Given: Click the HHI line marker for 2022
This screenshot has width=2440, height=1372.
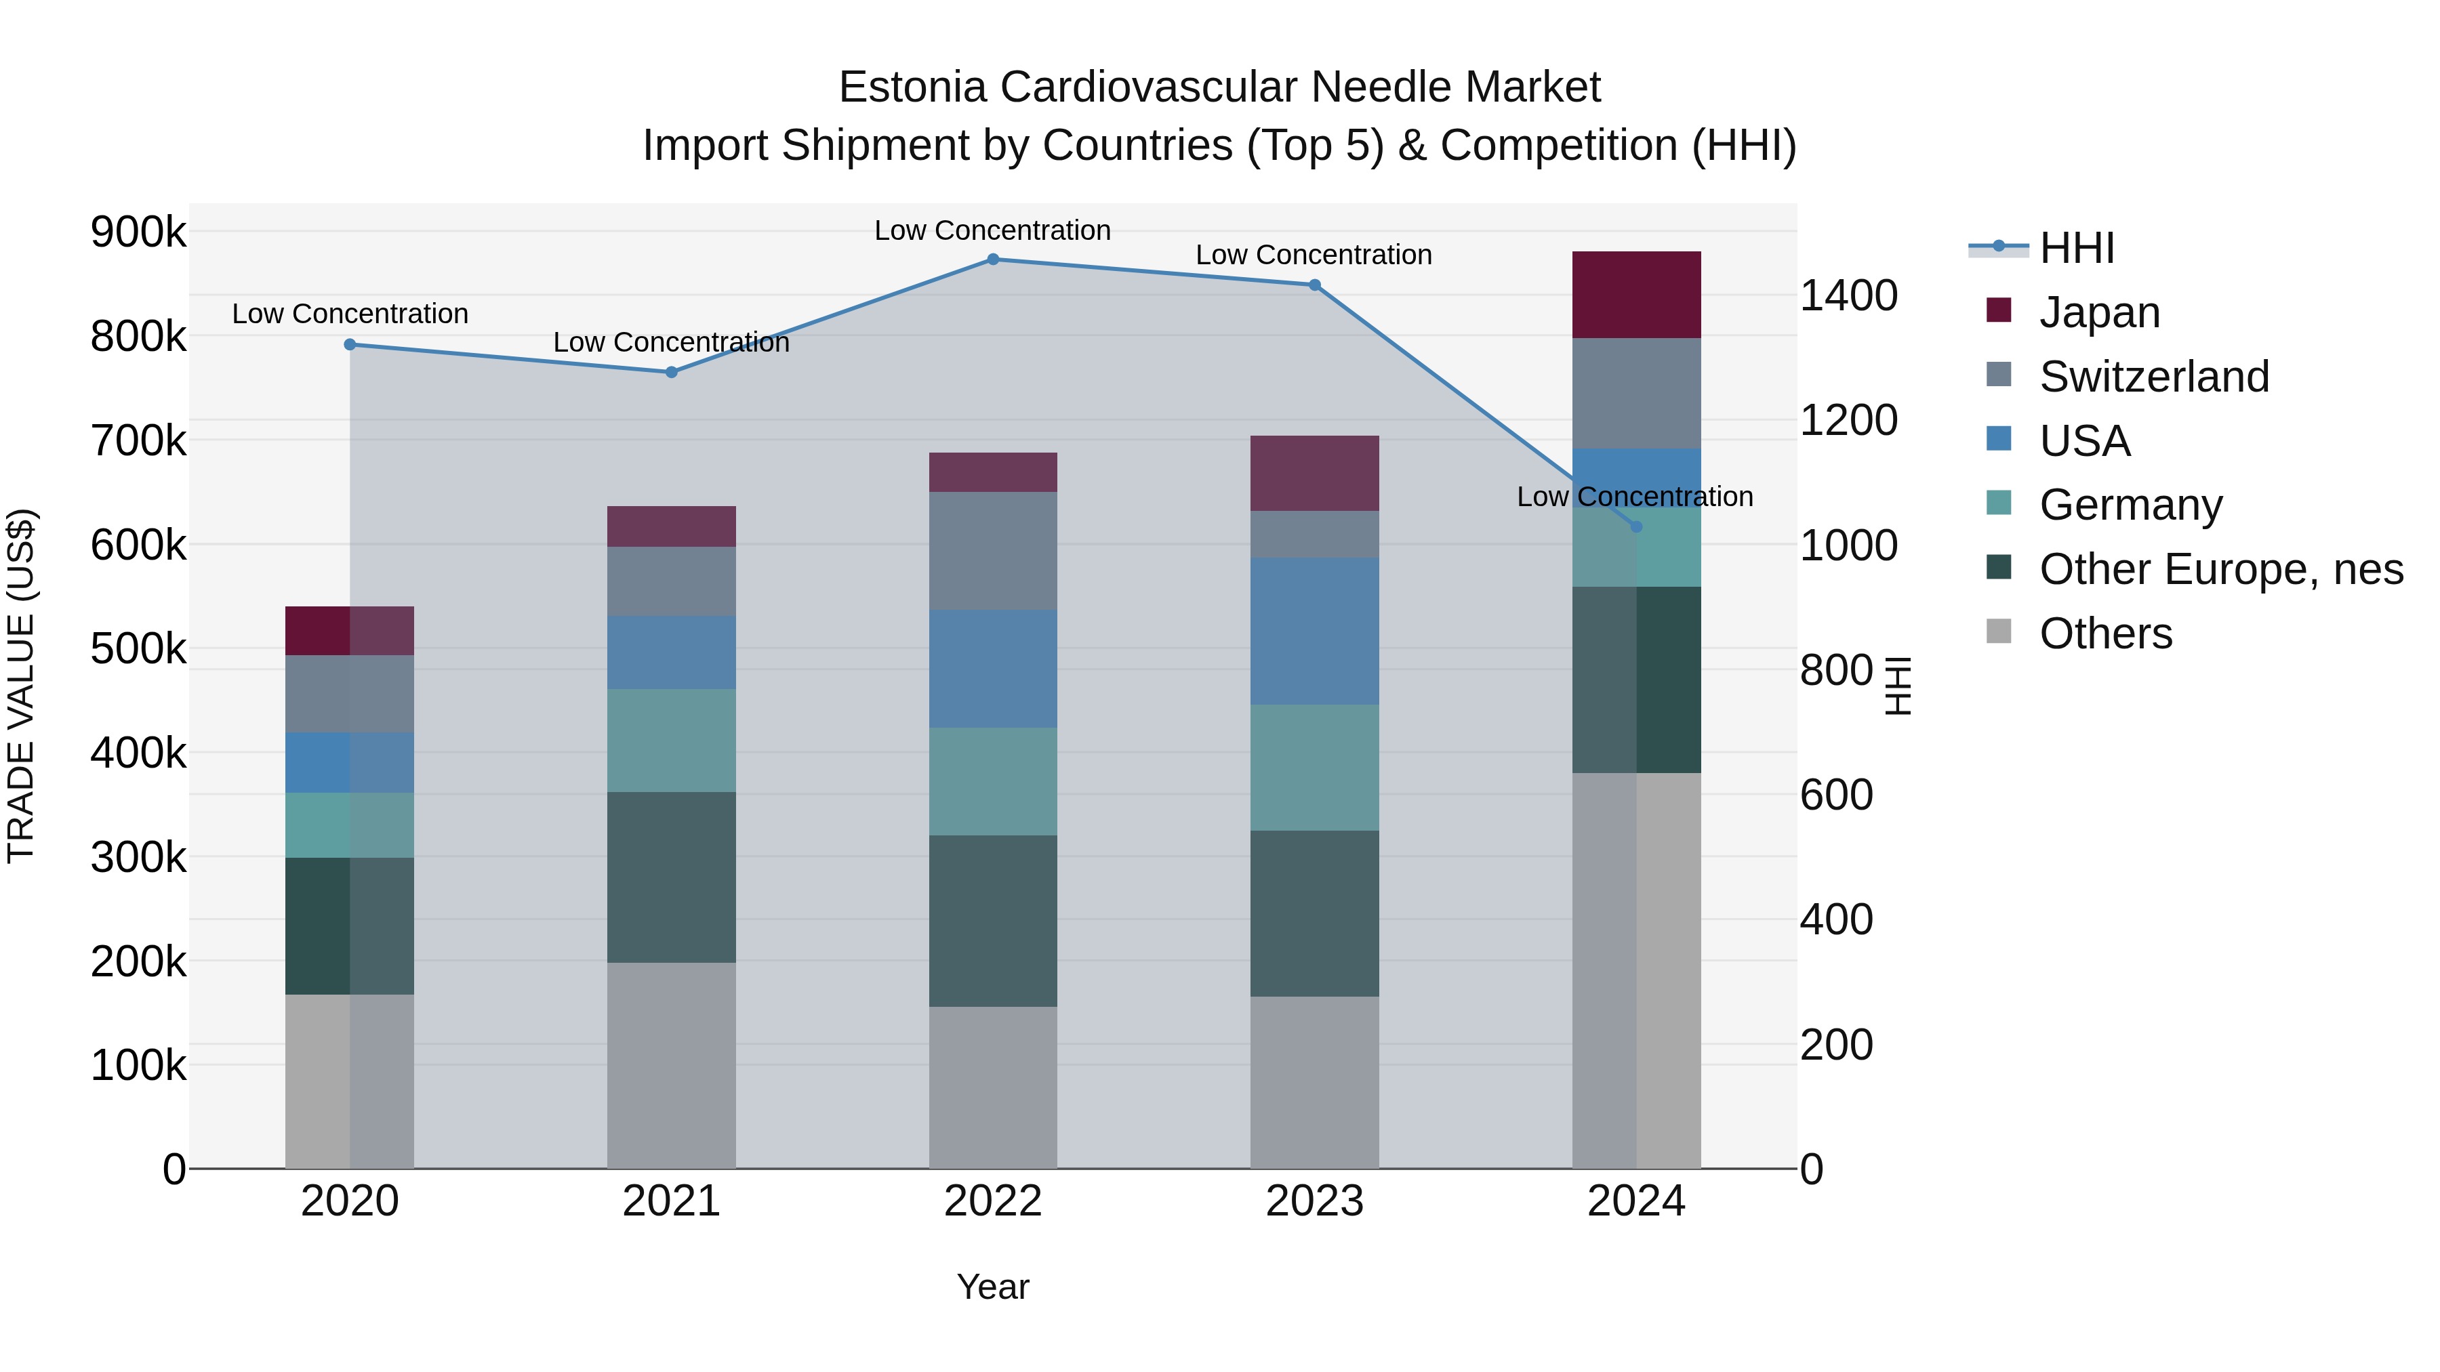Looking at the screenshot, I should click(x=993, y=259).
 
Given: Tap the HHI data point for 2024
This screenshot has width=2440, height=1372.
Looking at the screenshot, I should click(x=1636, y=526).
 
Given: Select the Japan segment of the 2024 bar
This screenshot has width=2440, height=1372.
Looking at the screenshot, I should click(x=1636, y=295).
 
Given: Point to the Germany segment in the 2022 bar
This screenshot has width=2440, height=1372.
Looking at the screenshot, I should click(x=993, y=781).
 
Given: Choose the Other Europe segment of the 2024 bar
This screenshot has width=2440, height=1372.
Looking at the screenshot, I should click(x=1636, y=680).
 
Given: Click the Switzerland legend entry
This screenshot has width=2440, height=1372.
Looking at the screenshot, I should click(x=2154, y=377).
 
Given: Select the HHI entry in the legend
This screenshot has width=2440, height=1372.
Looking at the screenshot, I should click(x=2076, y=248).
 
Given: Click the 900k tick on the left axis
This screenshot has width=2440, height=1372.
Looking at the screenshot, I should click(x=138, y=232).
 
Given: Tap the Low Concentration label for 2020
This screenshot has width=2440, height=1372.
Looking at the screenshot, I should click(x=350, y=314).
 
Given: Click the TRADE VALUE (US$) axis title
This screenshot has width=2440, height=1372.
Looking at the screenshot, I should click(x=22, y=686).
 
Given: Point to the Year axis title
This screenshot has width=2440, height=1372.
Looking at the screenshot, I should click(x=993, y=1287).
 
